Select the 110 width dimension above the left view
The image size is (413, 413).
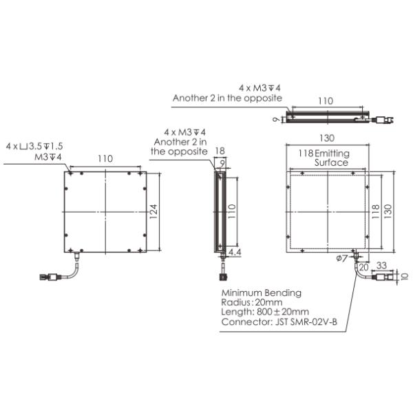pos(105,159)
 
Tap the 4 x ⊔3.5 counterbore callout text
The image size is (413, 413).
pos(34,147)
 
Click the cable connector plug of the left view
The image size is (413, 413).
pos(49,277)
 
